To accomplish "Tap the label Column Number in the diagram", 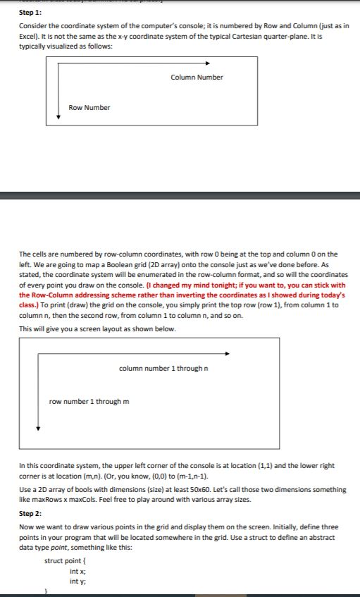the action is (x=197, y=77).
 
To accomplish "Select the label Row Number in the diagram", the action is (x=89, y=107).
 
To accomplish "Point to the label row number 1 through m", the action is (x=89, y=402).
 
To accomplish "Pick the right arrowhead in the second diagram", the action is (x=227, y=354).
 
